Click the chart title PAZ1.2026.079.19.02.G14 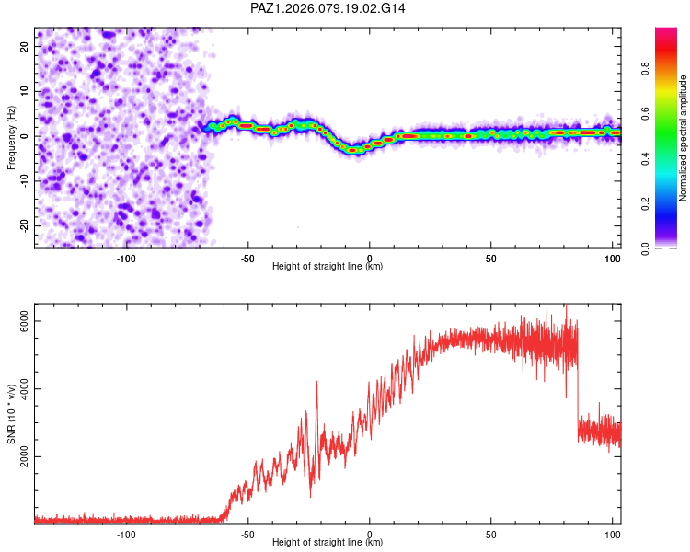click(328, 8)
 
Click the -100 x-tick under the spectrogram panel click(126, 259)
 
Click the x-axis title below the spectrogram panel click(328, 267)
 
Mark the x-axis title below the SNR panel click(328, 543)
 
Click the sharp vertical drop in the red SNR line click(578, 386)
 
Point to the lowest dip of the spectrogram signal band click(353, 150)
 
